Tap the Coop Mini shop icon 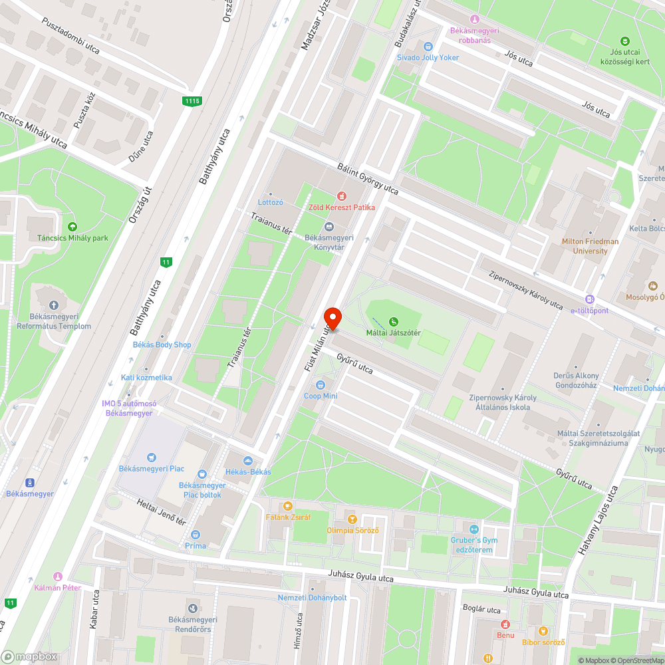pyautogui.click(x=321, y=385)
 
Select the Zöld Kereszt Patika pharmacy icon pyautogui.click(x=342, y=196)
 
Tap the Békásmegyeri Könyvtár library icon pyautogui.click(x=329, y=227)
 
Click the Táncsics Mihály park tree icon pyautogui.click(x=72, y=227)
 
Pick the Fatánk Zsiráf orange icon pyautogui.click(x=287, y=506)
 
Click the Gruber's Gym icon pyautogui.click(x=473, y=529)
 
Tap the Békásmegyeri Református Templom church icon pyautogui.click(x=55, y=305)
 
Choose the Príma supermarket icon pyautogui.click(x=196, y=535)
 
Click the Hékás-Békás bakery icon pyautogui.click(x=248, y=461)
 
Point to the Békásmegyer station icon pyautogui.click(x=29, y=483)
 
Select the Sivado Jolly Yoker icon pyautogui.click(x=428, y=47)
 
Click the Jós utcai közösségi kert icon pyautogui.click(x=624, y=41)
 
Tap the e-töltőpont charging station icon pyautogui.click(x=589, y=300)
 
